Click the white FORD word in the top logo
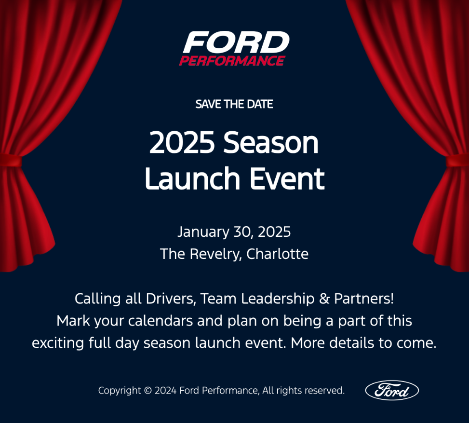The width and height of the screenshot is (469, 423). point(236,42)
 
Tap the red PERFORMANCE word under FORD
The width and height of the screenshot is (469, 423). point(232,61)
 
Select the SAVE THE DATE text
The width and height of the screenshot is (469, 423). point(234,104)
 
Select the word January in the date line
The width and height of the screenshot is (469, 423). point(203,232)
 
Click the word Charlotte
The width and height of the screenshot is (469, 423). point(277,254)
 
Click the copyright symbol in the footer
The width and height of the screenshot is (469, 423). point(147,391)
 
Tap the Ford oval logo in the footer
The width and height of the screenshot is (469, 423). point(392,390)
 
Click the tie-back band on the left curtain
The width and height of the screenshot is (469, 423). point(11,160)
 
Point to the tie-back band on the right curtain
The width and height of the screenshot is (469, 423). point(458,161)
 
